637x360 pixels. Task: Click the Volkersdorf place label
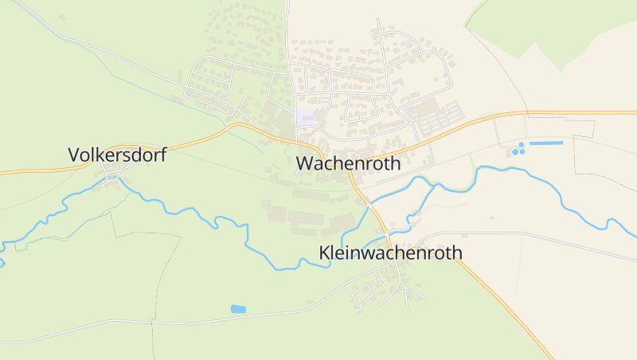tap(117, 155)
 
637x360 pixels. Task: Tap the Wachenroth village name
tap(356, 163)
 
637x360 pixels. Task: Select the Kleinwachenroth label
tap(390, 252)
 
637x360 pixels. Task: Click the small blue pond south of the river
tap(238, 308)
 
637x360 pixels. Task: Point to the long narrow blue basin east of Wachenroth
tap(546, 143)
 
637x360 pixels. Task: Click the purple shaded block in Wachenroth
tap(306, 117)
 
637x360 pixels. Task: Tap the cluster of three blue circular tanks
tap(518, 150)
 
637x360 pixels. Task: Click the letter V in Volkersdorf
tap(74, 155)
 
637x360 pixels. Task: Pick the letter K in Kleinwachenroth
tap(325, 252)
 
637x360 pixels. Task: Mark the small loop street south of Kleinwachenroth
tap(362, 292)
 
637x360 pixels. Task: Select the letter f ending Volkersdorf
tap(162, 155)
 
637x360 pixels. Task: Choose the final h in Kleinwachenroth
tap(456, 252)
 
